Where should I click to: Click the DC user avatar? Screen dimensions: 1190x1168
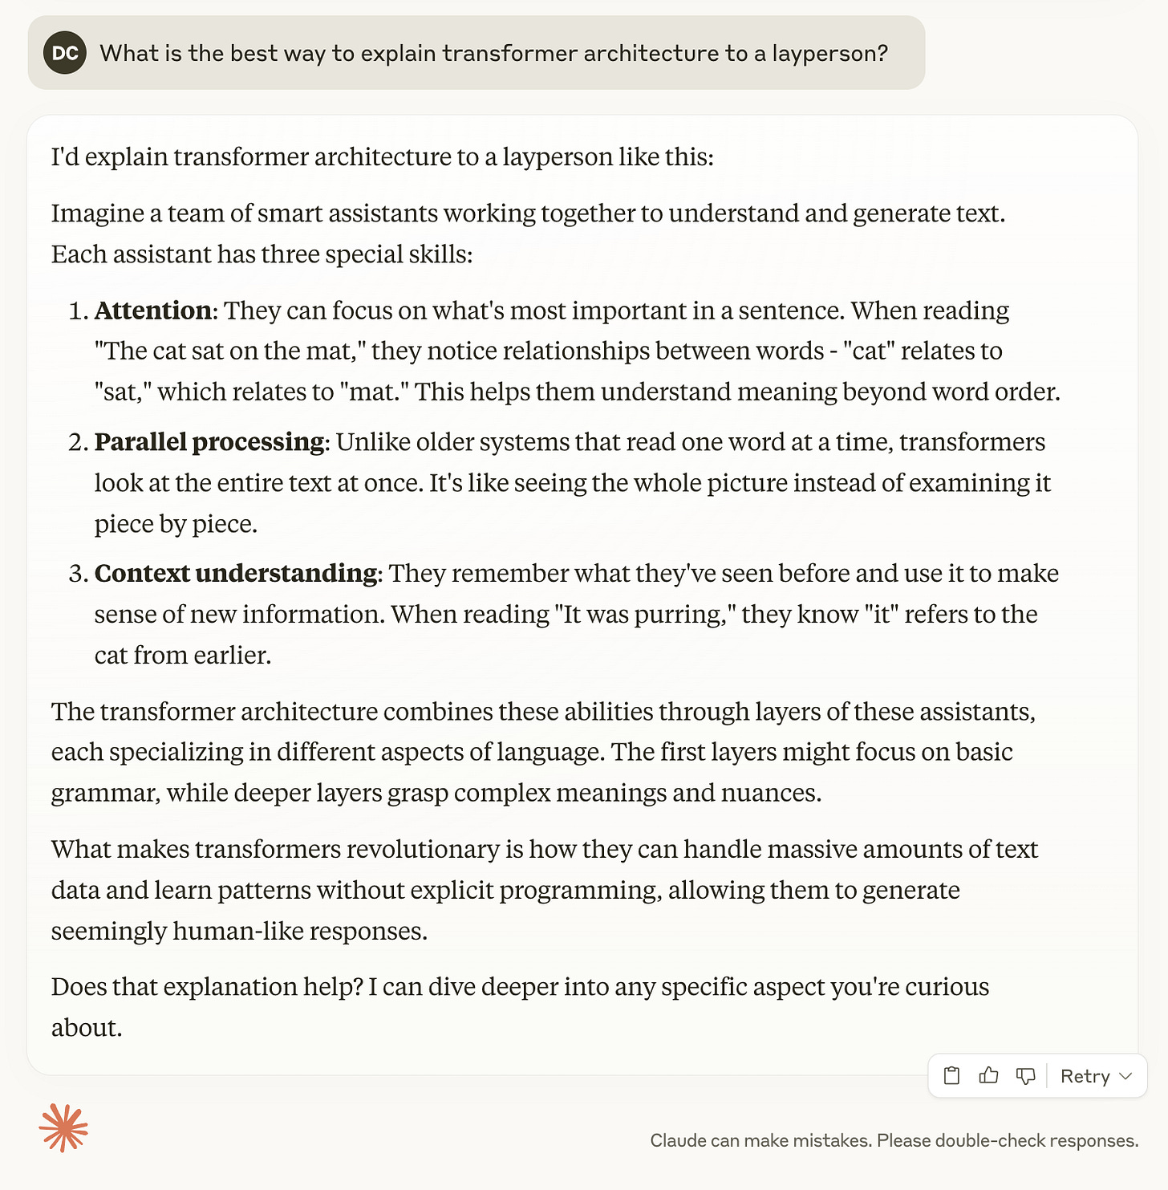pos(65,53)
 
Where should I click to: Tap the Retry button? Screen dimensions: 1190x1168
pos(1085,1076)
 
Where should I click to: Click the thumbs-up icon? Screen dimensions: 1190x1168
pos(988,1076)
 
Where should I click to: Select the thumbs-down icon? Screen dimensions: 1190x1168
pos(1025,1076)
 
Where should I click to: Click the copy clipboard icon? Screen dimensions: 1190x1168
pos(951,1076)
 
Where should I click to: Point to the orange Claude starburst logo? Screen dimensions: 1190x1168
pos(63,1128)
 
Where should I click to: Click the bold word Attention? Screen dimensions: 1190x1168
pos(152,311)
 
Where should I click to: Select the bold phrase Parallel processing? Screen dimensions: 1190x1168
pos(209,442)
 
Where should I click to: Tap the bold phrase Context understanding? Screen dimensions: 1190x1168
pos(235,574)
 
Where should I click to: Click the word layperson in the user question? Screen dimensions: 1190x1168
pos(829,53)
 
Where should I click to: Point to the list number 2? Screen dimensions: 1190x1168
pos(77,442)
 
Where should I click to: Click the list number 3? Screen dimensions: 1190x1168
pos(77,574)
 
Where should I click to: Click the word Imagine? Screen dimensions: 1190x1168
pos(97,213)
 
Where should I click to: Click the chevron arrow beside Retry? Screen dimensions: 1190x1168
pos(1125,1076)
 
